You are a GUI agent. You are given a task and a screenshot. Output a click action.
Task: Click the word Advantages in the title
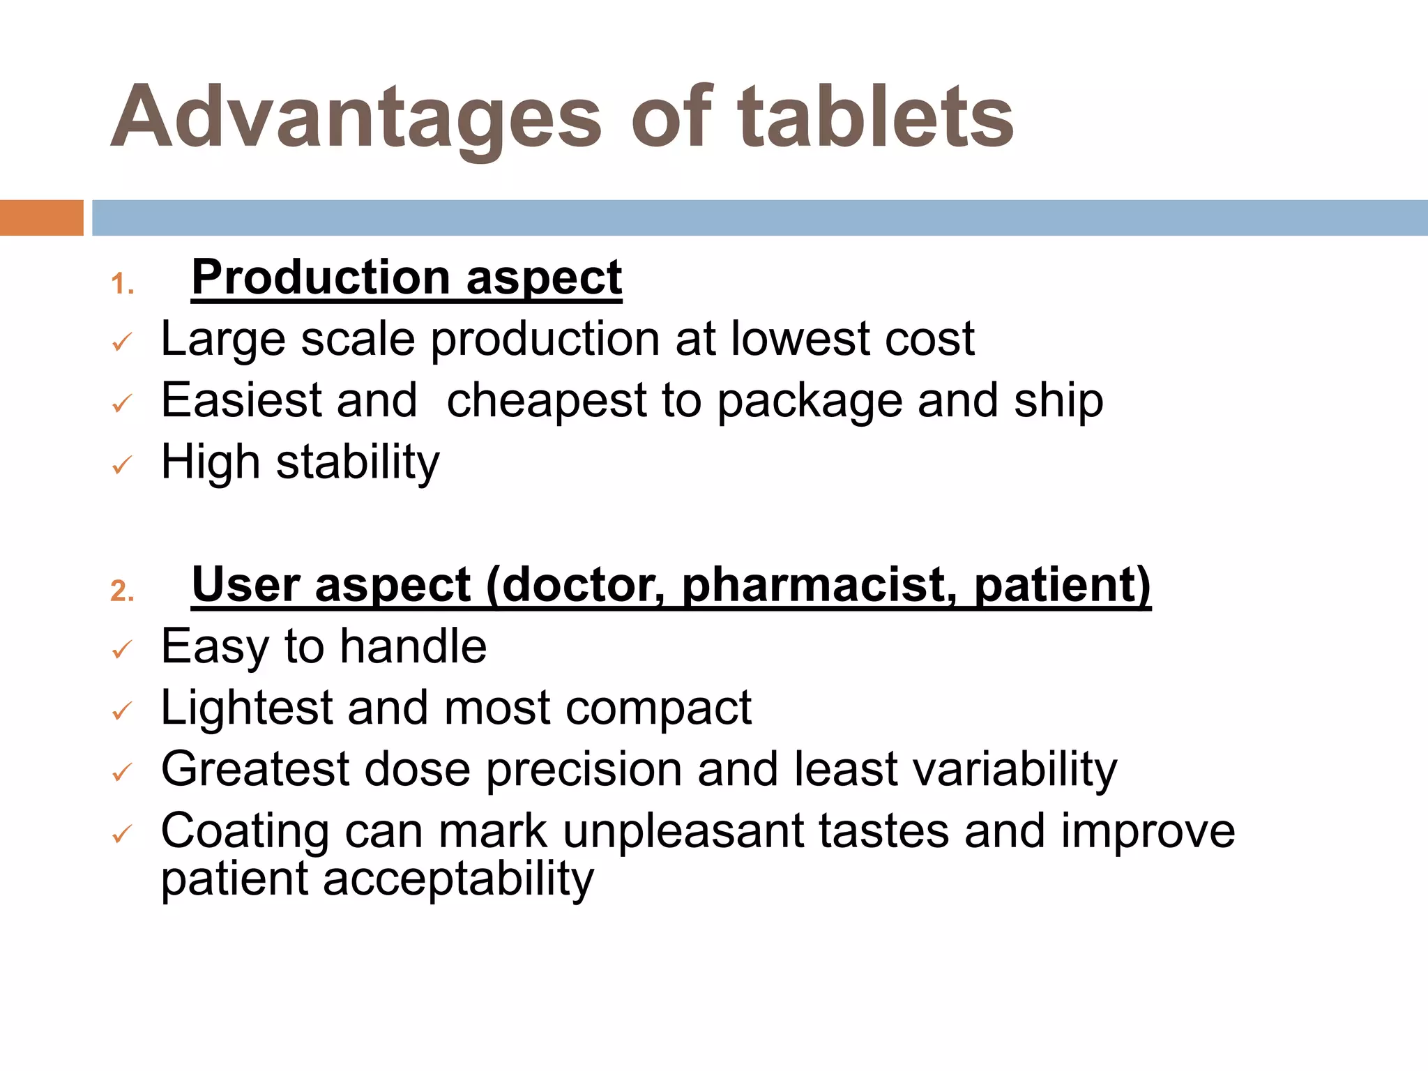pyautogui.click(x=356, y=117)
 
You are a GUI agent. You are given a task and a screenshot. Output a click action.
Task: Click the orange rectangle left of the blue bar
pyautogui.click(x=41, y=218)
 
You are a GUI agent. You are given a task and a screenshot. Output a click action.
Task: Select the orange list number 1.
pyautogui.click(x=122, y=284)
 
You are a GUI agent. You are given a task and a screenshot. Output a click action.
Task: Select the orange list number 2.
pyautogui.click(x=122, y=591)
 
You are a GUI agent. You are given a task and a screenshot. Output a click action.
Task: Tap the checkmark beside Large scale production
pyautogui.click(x=122, y=342)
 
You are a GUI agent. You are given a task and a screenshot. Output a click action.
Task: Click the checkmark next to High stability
pyautogui.click(x=122, y=465)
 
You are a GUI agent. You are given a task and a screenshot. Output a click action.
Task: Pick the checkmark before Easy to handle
pyautogui.click(x=122, y=650)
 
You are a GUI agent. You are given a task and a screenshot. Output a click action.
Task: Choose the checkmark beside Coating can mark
pyautogui.click(x=122, y=834)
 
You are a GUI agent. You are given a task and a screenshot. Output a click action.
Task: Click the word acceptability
pyautogui.click(x=458, y=879)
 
